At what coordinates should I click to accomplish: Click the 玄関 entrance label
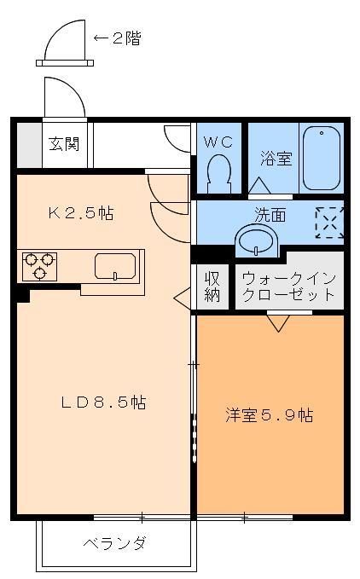point(64,142)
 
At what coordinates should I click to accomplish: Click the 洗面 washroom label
point(268,216)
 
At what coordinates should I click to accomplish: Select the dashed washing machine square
point(328,222)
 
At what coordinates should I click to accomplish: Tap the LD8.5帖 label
point(102,402)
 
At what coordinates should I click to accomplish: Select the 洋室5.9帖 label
point(269,415)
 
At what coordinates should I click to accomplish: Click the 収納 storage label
point(212,287)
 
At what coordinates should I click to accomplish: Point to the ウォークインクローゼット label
point(288,287)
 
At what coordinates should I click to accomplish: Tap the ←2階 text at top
point(117,38)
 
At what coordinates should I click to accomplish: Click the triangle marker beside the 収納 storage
point(182,297)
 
